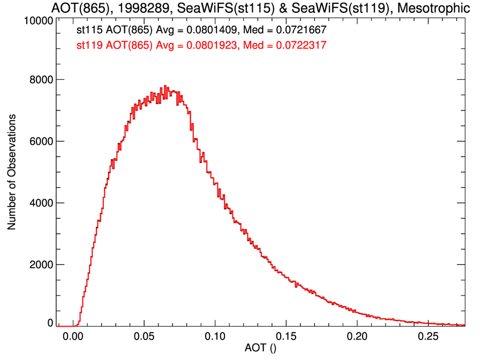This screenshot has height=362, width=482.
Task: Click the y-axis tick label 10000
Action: (x=38, y=21)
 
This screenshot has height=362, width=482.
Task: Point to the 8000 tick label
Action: (x=40, y=80)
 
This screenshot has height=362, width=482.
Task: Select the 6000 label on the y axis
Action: (x=40, y=142)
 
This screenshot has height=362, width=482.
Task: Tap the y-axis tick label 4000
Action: (x=40, y=203)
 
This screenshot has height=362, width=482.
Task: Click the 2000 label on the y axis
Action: (x=40, y=265)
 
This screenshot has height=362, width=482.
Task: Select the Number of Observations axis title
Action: (x=12, y=172)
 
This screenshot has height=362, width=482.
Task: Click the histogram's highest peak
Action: (x=165, y=86)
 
